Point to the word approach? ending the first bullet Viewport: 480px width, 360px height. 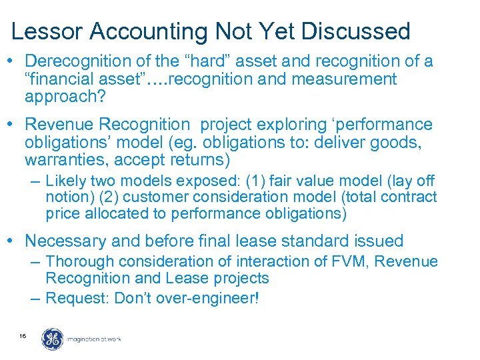click(61, 97)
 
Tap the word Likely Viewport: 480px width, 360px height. click(66, 181)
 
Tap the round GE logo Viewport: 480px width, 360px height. click(52, 339)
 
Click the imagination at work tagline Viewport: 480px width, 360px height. click(94, 339)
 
